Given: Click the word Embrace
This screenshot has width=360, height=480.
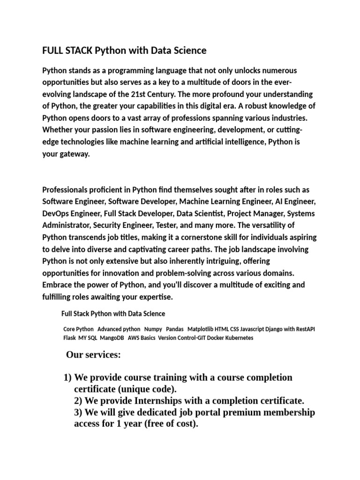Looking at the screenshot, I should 57,285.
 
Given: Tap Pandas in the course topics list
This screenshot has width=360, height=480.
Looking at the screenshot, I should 175,329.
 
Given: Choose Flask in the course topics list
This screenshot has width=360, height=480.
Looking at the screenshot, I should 69,337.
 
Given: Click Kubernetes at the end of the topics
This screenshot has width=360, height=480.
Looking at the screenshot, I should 238,337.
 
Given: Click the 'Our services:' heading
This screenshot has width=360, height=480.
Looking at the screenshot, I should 93,355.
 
